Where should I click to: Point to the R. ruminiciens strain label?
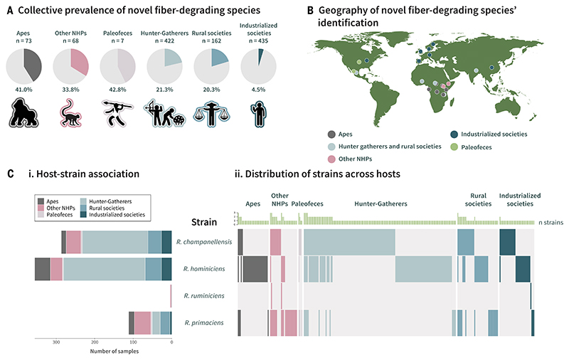(203, 295)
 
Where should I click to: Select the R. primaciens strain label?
(203, 322)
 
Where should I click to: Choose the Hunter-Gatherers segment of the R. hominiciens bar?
(104, 269)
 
